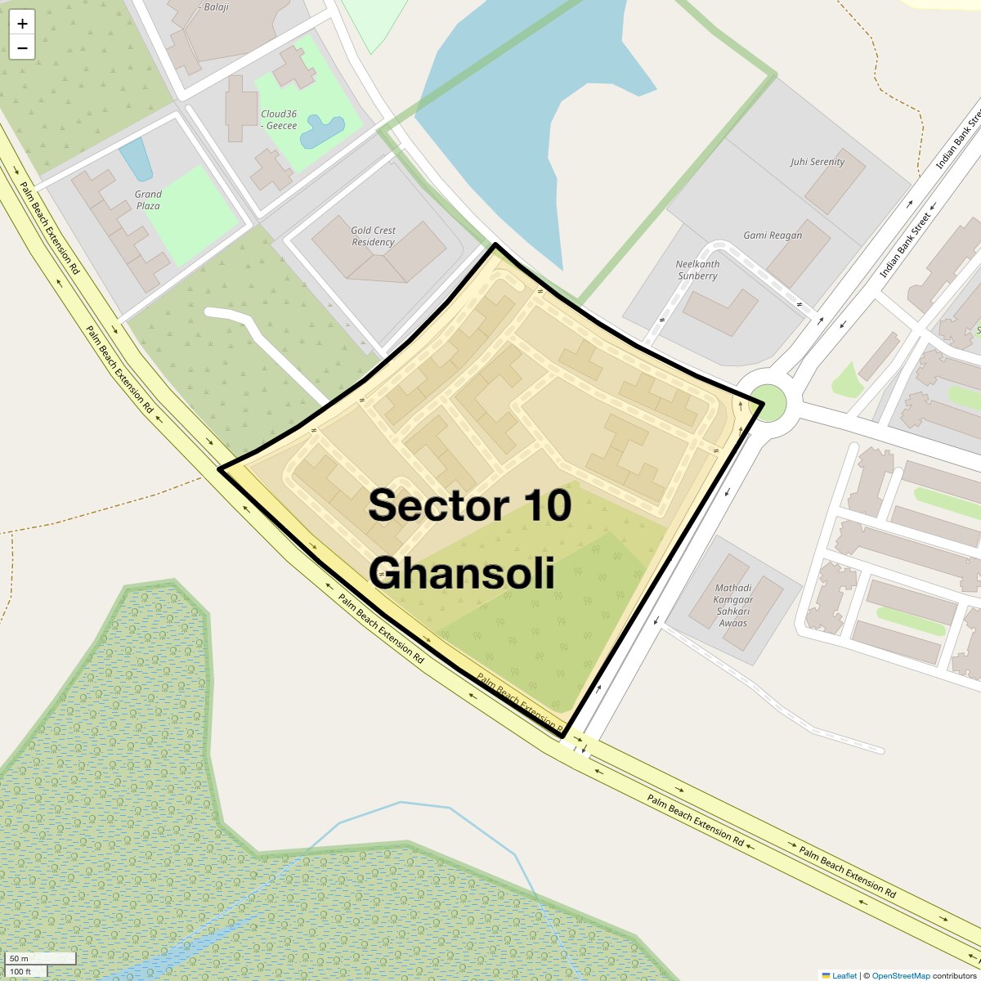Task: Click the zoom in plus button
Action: (x=22, y=24)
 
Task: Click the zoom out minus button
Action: (x=22, y=48)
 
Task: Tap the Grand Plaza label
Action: (x=148, y=199)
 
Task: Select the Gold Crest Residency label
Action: (x=373, y=236)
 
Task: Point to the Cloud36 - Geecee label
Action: (x=279, y=119)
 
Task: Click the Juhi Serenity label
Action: (x=817, y=162)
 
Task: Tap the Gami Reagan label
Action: (x=772, y=235)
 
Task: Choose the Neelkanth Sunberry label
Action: (x=697, y=270)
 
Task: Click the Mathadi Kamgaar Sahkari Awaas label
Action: (x=733, y=605)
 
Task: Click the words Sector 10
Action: (x=468, y=505)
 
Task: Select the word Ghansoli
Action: (x=462, y=573)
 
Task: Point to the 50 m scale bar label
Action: (x=19, y=958)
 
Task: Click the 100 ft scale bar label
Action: (x=20, y=971)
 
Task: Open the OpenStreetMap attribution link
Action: (x=900, y=975)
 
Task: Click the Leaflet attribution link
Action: (x=844, y=975)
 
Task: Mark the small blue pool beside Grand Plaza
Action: (x=136, y=159)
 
